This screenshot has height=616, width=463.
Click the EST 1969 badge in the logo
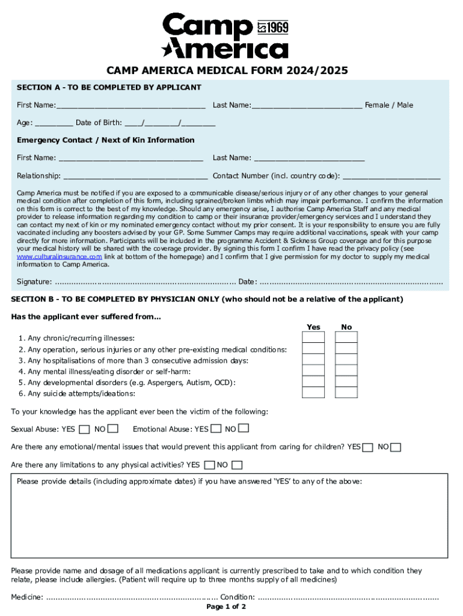pyautogui.click(x=273, y=27)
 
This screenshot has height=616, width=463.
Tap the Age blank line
pyautogui.click(x=54, y=123)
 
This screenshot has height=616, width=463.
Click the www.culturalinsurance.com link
pyautogui.click(x=59, y=256)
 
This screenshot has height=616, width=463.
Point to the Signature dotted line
pyautogui.click(x=144, y=282)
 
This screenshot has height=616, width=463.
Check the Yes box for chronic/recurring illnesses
pyautogui.click(x=313, y=337)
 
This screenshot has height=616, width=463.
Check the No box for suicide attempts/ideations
pyautogui.click(x=346, y=392)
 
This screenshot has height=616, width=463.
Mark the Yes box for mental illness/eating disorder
pyautogui.click(x=313, y=371)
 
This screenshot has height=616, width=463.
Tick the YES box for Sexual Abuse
pyautogui.click(x=85, y=429)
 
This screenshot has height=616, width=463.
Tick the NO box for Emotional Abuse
pyautogui.click(x=244, y=428)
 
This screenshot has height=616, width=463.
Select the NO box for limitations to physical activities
pyautogui.click(x=237, y=465)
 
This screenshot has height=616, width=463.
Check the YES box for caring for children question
pyautogui.click(x=368, y=447)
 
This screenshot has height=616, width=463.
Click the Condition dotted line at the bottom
pyautogui.click(x=349, y=598)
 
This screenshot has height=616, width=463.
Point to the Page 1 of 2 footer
pyautogui.click(x=226, y=607)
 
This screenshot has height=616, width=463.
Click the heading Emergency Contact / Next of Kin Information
pyautogui.click(x=106, y=140)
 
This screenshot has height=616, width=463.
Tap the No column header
pyautogui.click(x=346, y=327)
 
